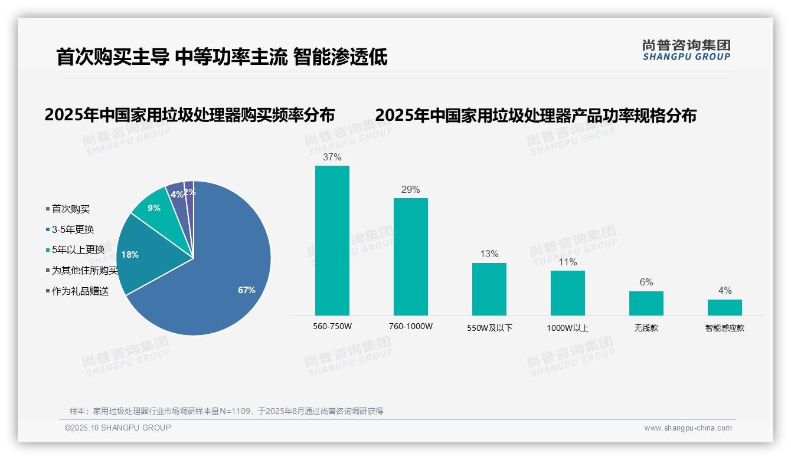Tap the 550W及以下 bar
[x=489, y=289]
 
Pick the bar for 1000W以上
[x=568, y=293]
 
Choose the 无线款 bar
[x=646, y=303]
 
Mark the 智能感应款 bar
[x=725, y=307]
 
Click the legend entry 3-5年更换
[x=73, y=229]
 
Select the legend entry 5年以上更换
[x=78, y=250]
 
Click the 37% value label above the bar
[x=332, y=157]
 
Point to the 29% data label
[x=411, y=190]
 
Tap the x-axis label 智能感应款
[x=725, y=328]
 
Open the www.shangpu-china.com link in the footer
[x=688, y=428]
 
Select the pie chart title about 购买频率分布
[x=189, y=114]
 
